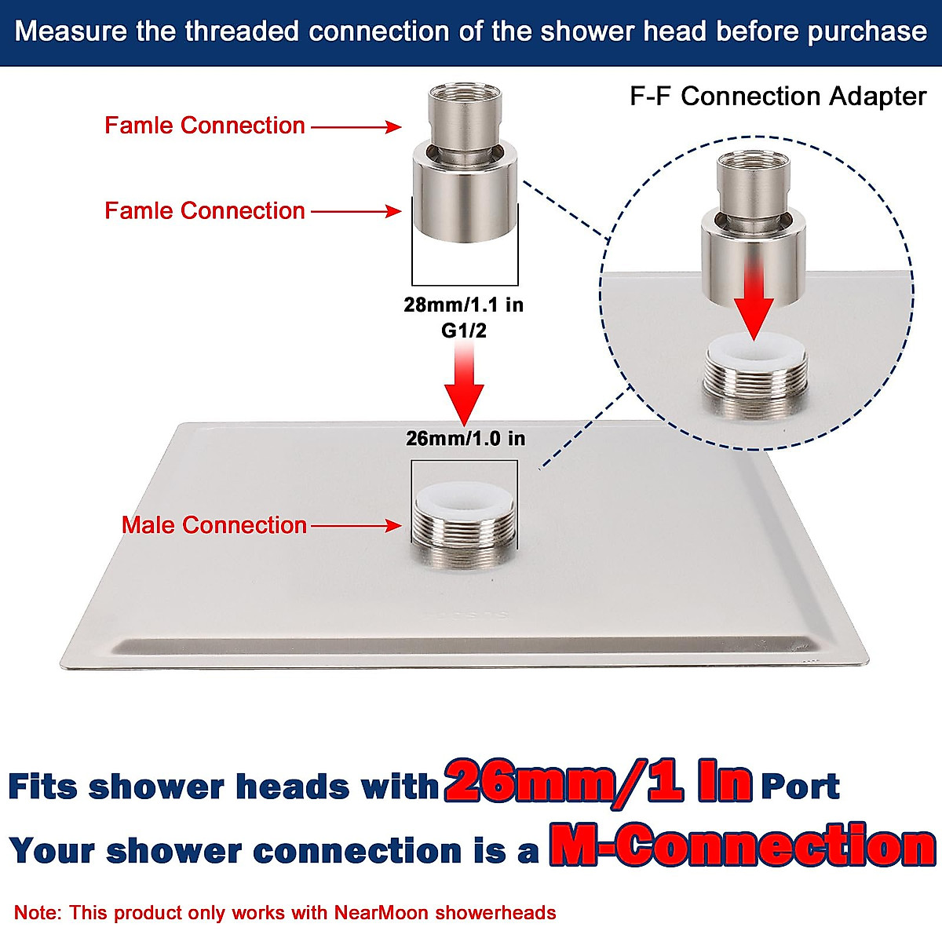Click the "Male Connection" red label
tap(214, 525)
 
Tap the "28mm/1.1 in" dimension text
tap(463, 305)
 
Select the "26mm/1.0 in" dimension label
tap(466, 438)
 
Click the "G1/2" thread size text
tap(463, 330)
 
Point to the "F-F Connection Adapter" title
tap(778, 97)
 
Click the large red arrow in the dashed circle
tap(754, 302)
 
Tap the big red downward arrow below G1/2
tap(464, 389)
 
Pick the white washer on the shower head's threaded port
tap(463, 497)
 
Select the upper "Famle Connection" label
tap(205, 126)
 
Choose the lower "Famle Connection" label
tap(205, 210)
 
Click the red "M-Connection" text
tap(742, 846)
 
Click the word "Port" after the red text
tap(800, 786)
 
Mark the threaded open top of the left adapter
tap(463, 93)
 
